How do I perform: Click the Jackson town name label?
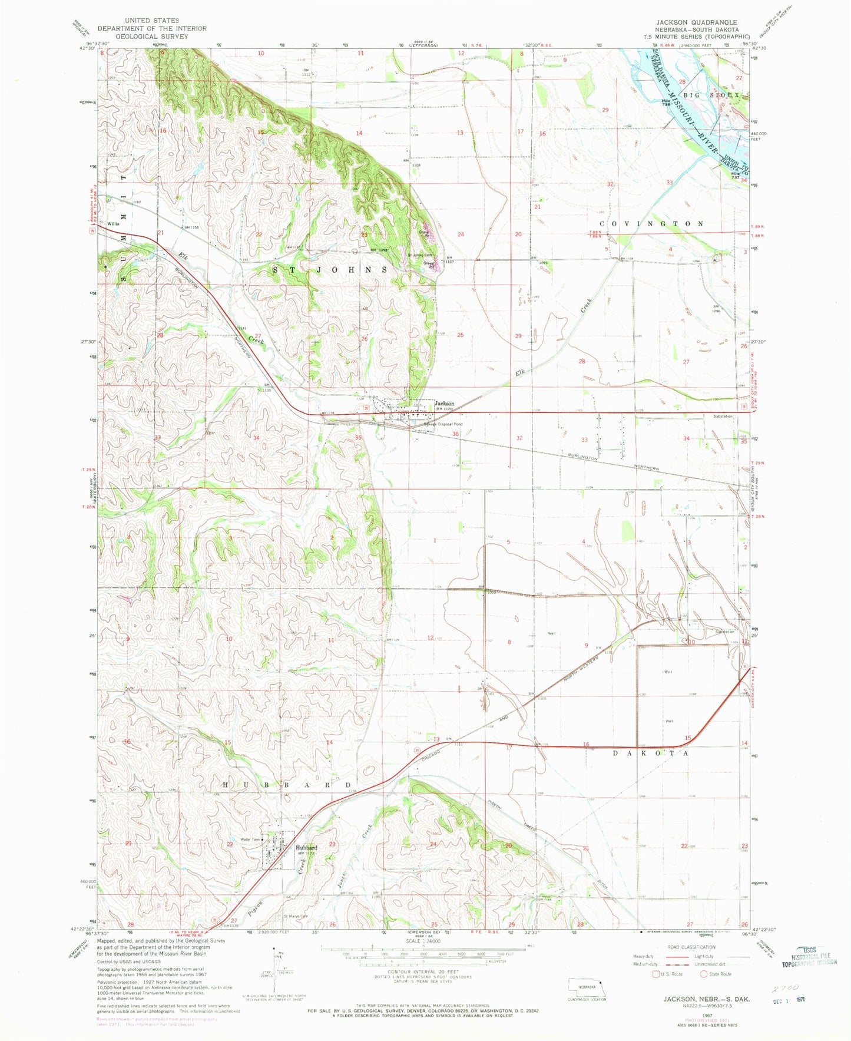[x=444, y=404]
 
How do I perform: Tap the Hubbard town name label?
[x=307, y=847]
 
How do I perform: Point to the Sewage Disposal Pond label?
[x=443, y=424]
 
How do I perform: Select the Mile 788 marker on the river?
[x=666, y=101]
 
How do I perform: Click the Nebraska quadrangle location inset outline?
[x=587, y=986]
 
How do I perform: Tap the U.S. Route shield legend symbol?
[x=655, y=974]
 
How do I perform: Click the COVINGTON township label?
[x=651, y=224]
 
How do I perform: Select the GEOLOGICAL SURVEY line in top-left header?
[x=152, y=36]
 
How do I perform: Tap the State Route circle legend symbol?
[x=703, y=974]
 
